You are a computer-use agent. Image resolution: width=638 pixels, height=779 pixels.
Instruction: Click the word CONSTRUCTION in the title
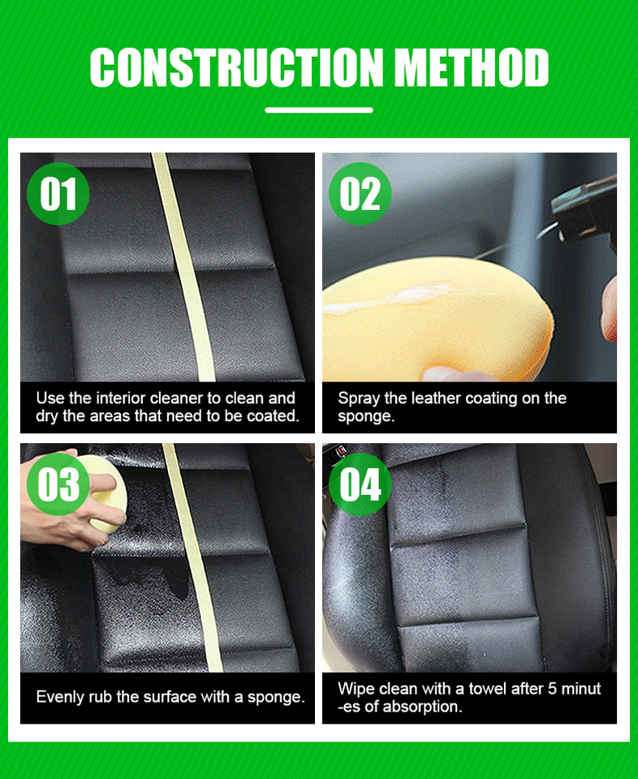[236, 67]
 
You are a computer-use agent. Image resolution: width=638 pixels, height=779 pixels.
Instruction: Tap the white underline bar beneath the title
[319, 110]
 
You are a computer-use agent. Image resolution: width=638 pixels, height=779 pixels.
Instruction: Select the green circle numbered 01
[58, 194]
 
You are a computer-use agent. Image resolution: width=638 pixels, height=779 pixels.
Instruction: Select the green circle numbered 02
[360, 194]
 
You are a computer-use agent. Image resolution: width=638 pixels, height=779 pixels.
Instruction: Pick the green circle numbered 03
[58, 484]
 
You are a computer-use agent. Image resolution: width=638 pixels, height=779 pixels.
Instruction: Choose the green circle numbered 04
[360, 484]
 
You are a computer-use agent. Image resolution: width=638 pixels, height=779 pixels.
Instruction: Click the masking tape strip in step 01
[183, 267]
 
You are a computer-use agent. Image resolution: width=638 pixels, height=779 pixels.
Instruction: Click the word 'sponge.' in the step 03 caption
[276, 698]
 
